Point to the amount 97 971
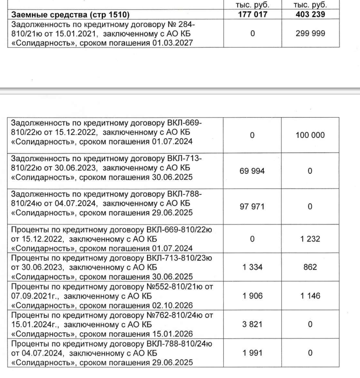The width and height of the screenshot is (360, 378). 252,205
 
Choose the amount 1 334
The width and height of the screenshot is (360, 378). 252,267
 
